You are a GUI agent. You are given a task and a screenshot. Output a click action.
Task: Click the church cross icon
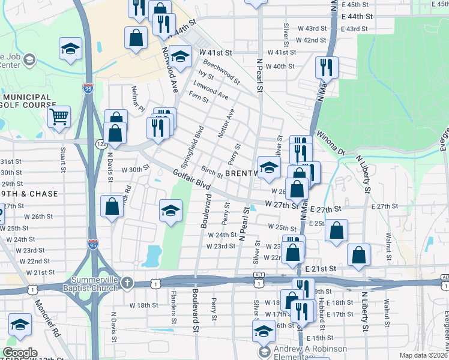pyautogui.click(x=127, y=282)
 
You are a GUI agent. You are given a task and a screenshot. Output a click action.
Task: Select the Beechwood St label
pyautogui.click(x=221, y=70)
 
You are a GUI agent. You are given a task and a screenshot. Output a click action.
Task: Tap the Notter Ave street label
pyautogui.click(x=225, y=123)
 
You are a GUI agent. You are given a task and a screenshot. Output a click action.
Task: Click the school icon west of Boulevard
pyautogui.click(x=170, y=210)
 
